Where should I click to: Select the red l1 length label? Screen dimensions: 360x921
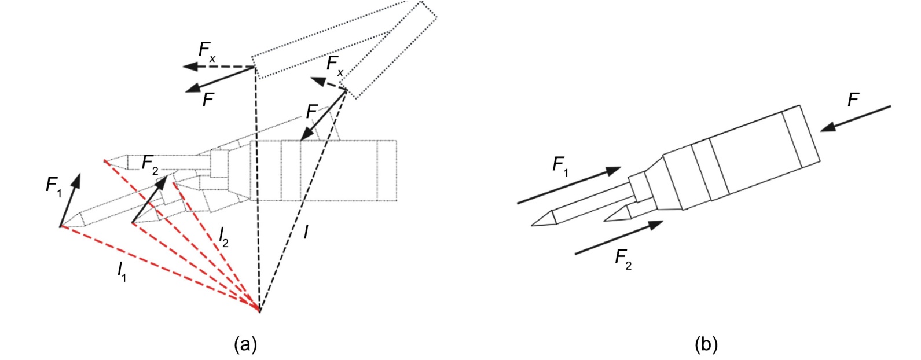122,271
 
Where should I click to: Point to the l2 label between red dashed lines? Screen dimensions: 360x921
223,237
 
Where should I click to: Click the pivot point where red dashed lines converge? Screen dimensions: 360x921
259,311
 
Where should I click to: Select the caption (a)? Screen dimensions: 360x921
245,344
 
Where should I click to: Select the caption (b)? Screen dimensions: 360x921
706,344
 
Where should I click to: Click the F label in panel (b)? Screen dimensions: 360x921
853,101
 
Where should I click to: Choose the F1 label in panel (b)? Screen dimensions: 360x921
560,166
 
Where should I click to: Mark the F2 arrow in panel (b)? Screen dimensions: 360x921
619,238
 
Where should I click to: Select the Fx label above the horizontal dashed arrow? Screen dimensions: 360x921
207,50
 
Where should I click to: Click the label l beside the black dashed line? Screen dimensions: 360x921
306,232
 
